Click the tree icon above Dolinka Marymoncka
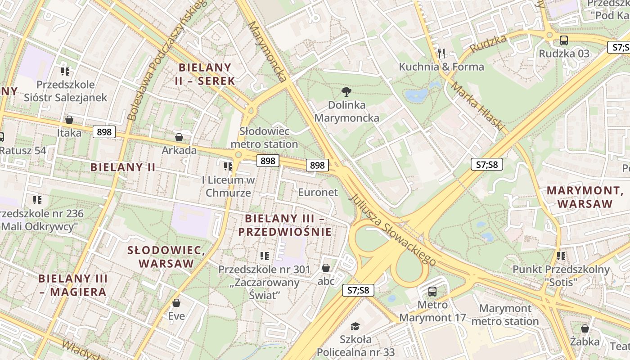pos(346,92)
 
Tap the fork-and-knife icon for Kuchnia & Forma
pos(441,54)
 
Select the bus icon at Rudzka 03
pos(563,40)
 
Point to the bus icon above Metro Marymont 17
pos(432,291)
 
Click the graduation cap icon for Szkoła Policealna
pos(355,326)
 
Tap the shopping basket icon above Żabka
pos(585,328)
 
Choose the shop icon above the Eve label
pos(176,303)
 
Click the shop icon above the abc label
pos(326,268)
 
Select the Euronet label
pos(318,192)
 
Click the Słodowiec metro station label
pos(264,138)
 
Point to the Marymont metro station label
pos(505,315)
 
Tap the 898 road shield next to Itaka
pos(104,132)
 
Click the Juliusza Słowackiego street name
pos(392,230)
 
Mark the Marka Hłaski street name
pos(478,107)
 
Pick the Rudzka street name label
pos(488,43)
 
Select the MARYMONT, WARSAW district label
pos(585,197)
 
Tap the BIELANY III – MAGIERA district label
pos(73,285)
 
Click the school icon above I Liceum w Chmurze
pos(228,166)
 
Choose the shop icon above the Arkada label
pos(179,137)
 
